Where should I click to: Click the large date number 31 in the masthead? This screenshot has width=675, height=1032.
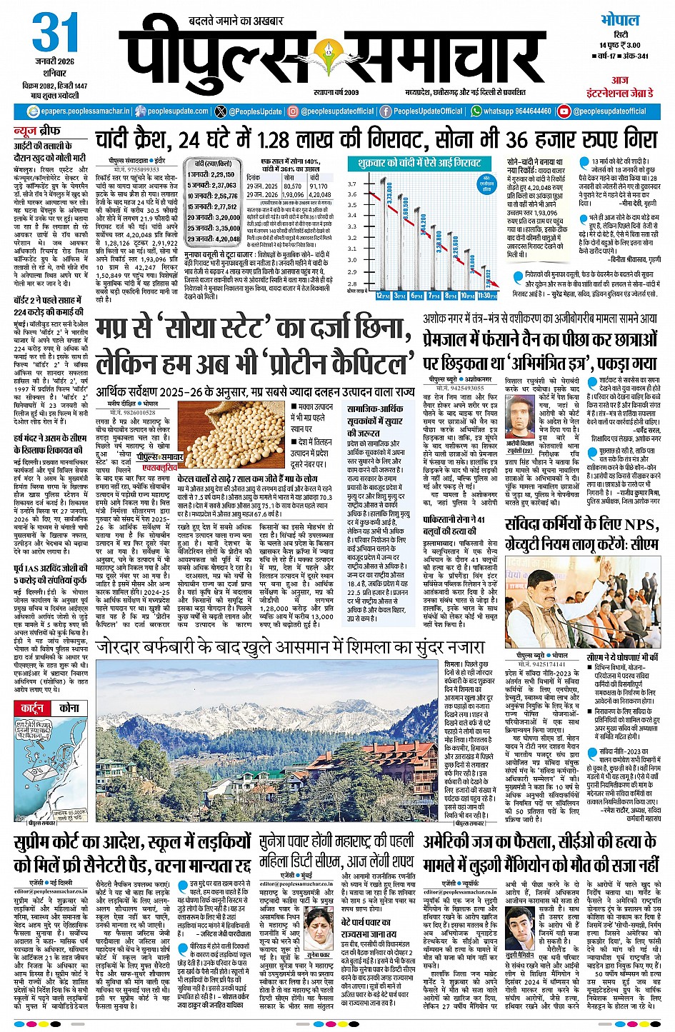pos(54,33)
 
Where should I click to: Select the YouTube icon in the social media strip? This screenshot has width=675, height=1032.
pos(564,111)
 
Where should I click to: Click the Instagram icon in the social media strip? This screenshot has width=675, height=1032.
pos(292,111)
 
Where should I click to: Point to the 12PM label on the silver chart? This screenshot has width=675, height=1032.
pos(382,295)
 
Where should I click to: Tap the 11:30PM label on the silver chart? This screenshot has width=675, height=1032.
pos(487,295)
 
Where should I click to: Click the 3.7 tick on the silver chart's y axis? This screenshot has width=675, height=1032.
pos(351,184)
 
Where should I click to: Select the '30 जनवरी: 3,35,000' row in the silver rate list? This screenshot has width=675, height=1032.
pos(213,229)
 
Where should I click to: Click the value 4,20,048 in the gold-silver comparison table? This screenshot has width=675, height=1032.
pos(319,194)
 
